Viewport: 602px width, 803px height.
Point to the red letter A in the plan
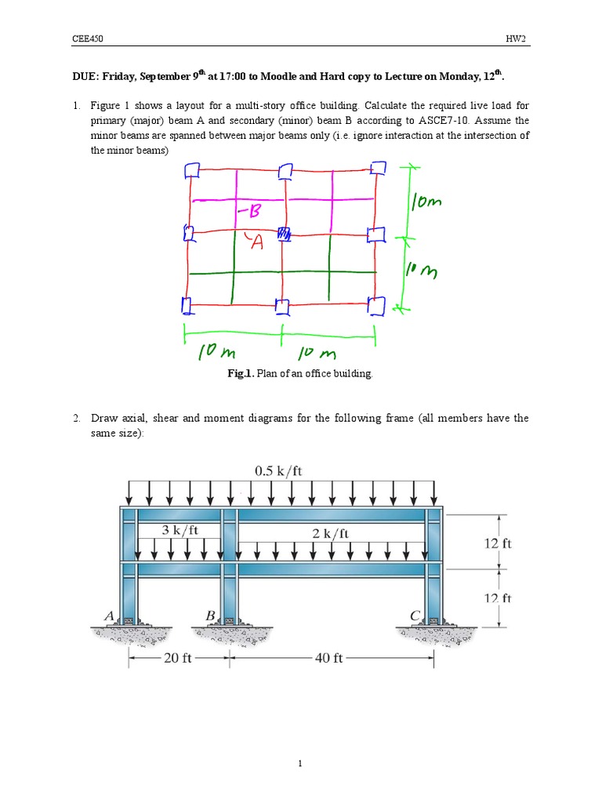[256, 244]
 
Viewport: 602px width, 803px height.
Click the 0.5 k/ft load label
[278, 471]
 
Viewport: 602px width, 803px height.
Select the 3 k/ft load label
[180, 530]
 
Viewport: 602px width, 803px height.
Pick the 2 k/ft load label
[330, 532]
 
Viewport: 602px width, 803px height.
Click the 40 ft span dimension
[329, 659]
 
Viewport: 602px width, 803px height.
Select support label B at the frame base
[210, 616]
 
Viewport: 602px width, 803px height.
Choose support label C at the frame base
[415, 616]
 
